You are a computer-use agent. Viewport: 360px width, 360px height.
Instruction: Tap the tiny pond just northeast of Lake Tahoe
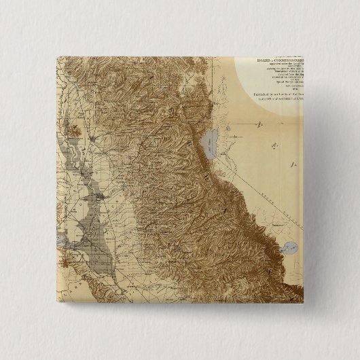[x=229, y=127]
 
